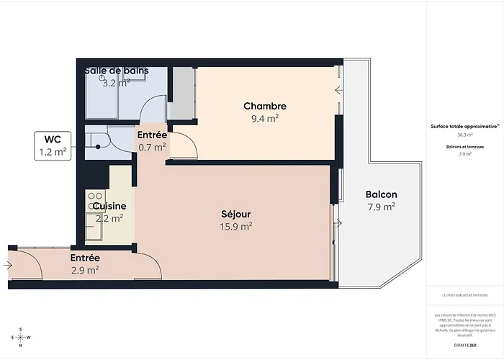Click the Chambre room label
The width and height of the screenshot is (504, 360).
[264, 107]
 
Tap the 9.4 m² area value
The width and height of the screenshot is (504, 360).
[264, 120]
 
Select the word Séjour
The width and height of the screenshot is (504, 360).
[235, 214]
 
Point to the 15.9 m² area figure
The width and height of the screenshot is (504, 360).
[235, 227]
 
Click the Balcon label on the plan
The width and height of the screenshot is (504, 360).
[381, 194]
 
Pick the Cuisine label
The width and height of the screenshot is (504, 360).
[109, 207]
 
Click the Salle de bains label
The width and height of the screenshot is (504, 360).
[117, 71]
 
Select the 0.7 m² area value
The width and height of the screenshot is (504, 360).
[152, 148]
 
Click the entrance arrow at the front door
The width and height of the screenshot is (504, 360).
[7, 266]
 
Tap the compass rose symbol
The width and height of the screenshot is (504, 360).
[21, 337]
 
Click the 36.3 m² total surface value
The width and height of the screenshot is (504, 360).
[464, 135]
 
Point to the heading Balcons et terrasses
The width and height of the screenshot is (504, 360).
[464, 146]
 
